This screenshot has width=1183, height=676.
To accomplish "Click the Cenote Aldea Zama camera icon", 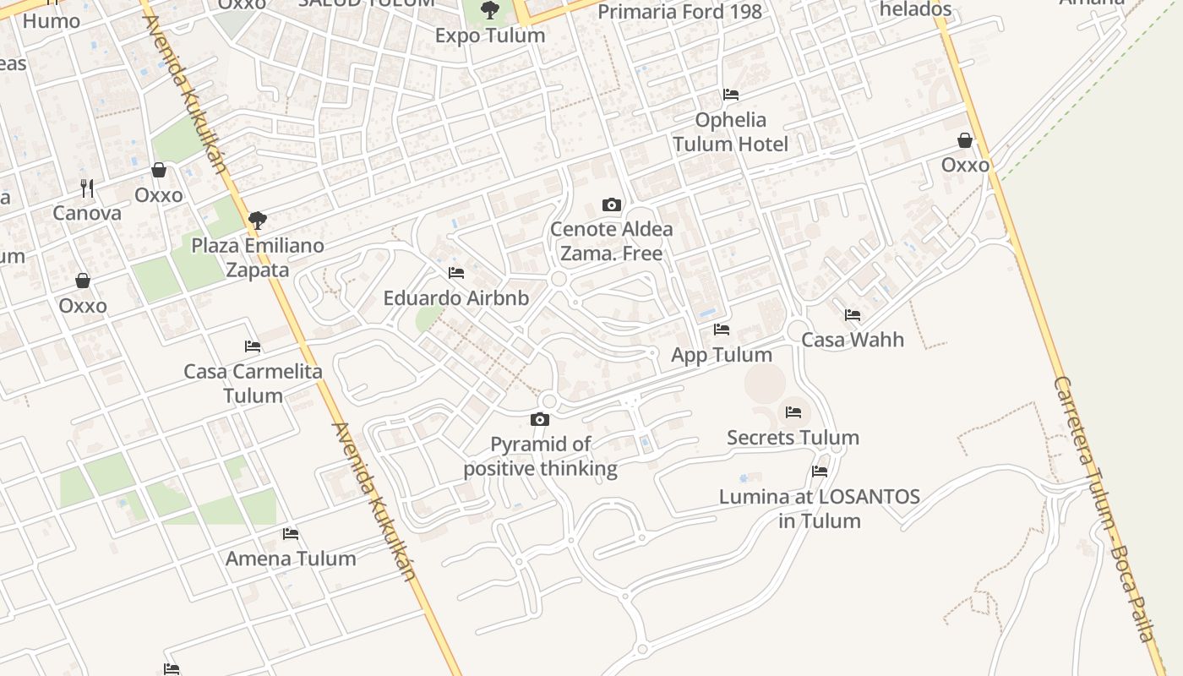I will point(611,204).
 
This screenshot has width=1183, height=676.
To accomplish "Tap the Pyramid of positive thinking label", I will point(541,456).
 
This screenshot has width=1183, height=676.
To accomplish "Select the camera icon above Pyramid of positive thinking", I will point(539,419).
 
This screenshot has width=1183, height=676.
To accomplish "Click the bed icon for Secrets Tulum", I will point(793,412).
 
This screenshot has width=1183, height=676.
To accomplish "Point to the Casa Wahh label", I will point(852,340).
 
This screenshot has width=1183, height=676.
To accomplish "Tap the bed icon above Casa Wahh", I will point(852,315).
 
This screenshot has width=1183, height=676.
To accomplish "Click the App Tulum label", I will point(721,355).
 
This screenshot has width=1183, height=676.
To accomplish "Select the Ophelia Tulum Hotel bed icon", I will point(730,95).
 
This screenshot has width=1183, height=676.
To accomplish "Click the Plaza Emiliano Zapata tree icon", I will point(257,221).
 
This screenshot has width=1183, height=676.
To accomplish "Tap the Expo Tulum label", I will point(489,35).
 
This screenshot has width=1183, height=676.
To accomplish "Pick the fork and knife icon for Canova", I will point(87,188).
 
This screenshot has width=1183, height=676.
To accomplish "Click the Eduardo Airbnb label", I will point(455,298).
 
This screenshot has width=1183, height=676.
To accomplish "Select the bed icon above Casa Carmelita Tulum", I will point(252,346).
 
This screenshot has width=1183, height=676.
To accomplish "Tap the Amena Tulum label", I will point(290,559).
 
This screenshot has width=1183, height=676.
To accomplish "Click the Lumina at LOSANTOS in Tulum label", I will point(819,508).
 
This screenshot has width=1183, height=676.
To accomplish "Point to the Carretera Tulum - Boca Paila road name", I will point(1103,507).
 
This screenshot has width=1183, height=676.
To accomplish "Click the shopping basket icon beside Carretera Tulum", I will point(964,140).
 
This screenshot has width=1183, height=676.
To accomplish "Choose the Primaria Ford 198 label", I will point(679,12).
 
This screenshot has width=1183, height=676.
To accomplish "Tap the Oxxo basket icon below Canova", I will point(83,281).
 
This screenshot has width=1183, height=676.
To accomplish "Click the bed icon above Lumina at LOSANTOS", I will point(819,472).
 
